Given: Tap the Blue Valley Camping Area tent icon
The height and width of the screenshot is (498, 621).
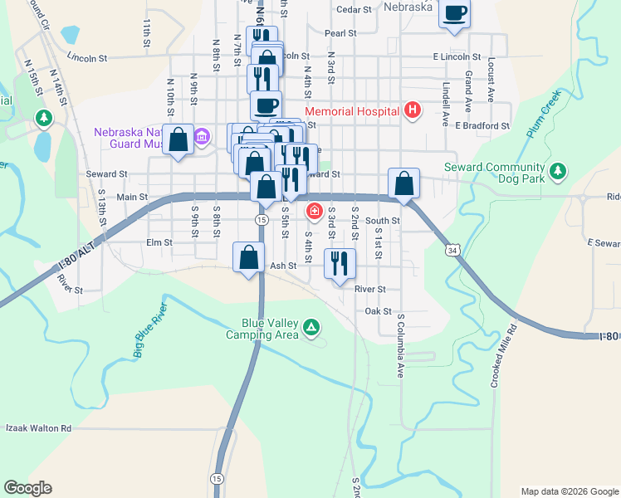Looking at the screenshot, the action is click(x=311, y=327).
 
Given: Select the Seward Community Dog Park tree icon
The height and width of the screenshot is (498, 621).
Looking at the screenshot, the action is click(x=560, y=172).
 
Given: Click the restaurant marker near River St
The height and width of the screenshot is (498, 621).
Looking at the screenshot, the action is click(x=340, y=265).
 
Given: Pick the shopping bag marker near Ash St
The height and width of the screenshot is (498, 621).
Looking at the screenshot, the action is click(x=248, y=257).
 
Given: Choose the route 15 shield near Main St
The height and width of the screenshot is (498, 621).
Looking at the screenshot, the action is click(x=262, y=219).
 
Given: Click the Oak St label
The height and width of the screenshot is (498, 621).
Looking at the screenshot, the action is click(x=378, y=311).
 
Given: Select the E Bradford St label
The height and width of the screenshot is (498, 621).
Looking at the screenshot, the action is click(x=482, y=125).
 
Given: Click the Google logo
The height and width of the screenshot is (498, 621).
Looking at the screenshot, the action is click(x=28, y=488).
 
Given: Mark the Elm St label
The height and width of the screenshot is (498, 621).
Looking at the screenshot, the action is click(x=158, y=243).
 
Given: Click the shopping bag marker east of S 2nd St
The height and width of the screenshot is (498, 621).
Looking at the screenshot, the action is click(x=403, y=183).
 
